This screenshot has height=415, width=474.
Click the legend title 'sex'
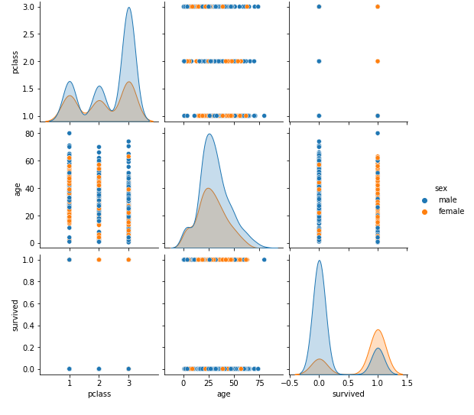click(441, 188)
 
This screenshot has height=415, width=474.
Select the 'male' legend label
click(447, 200)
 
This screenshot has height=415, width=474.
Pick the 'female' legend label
click(451, 212)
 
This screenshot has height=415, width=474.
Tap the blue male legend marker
click(425, 200)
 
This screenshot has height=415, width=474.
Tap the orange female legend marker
click(425, 212)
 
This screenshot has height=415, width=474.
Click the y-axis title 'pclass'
click(15, 61)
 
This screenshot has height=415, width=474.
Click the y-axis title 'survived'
click(15, 314)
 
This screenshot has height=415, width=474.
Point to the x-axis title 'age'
click(223, 394)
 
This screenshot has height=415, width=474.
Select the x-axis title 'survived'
click(348, 394)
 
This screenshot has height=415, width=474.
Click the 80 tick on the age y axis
click(29, 133)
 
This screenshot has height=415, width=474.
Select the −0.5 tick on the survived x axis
click(290, 382)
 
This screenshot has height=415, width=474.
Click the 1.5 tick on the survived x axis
click(407, 382)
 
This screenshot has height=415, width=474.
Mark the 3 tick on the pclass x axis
click(128, 382)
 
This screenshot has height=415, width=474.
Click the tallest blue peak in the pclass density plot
click(128, 8)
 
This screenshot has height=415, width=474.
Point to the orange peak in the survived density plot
click(378, 330)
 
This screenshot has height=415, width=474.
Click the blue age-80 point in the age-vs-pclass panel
click(69, 133)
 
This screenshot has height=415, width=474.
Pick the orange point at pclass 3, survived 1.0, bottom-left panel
click(128, 259)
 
